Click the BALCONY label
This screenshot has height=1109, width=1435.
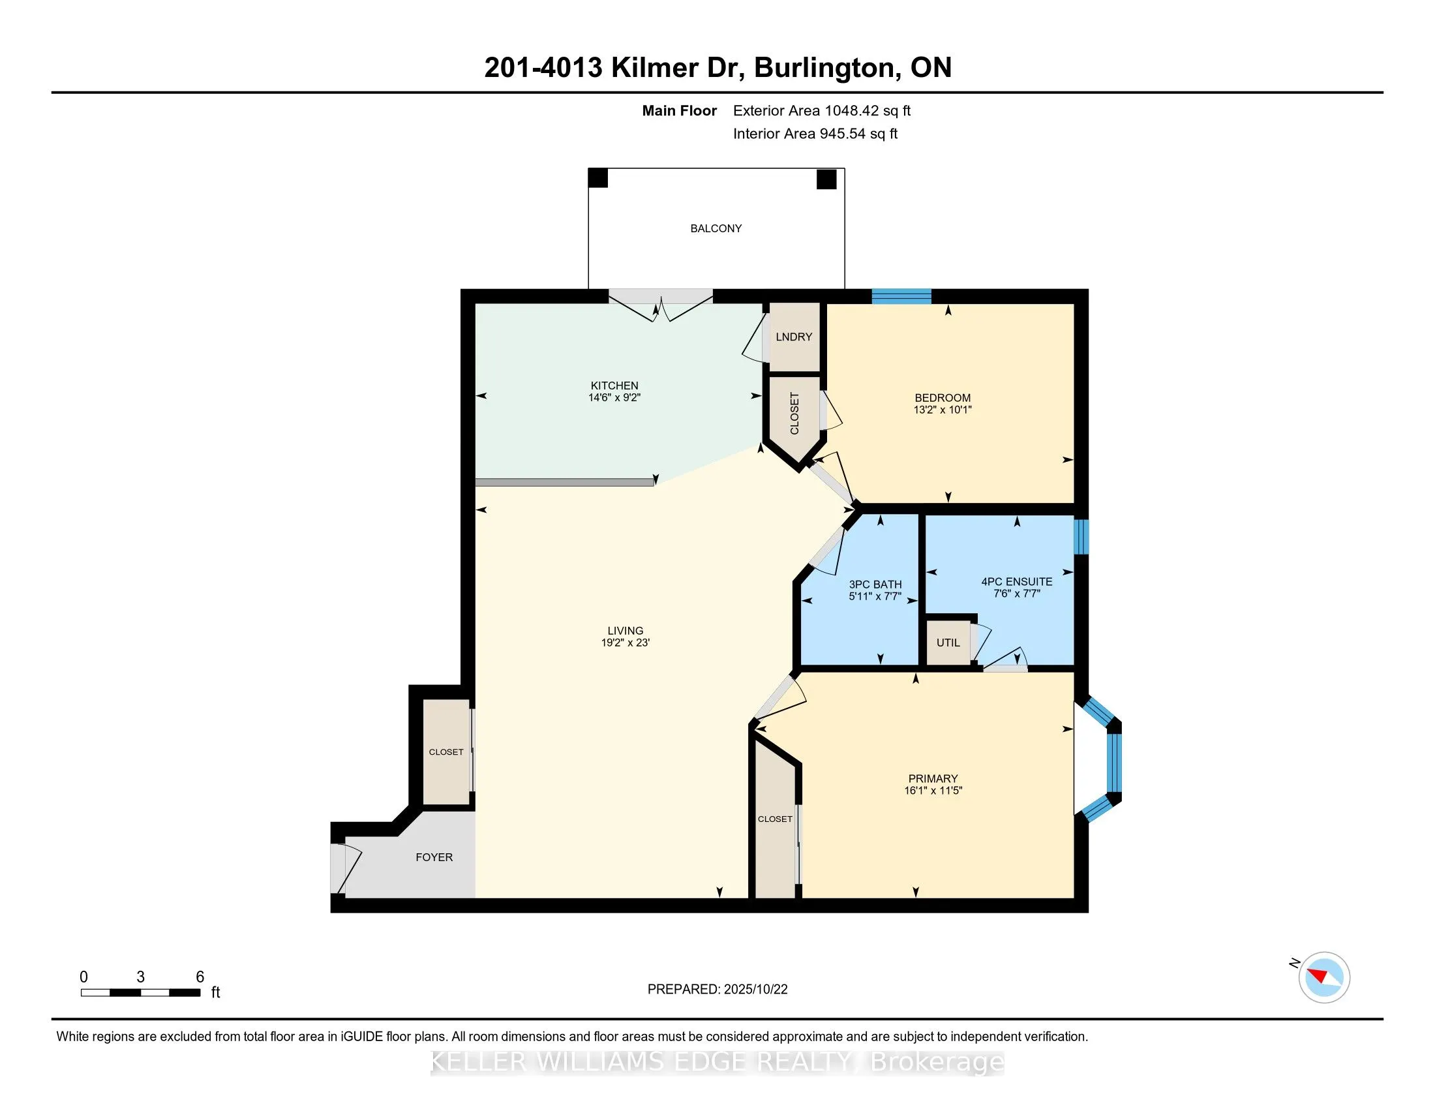(716, 228)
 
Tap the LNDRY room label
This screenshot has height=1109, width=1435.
(794, 337)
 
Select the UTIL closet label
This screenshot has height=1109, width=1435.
(948, 643)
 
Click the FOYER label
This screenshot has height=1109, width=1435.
(434, 857)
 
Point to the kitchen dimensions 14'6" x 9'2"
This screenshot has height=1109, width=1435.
(614, 397)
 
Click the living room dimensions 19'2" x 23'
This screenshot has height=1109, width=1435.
(625, 643)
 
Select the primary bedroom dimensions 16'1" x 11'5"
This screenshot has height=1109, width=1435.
(932, 791)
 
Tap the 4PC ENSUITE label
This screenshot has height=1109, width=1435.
(1016, 581)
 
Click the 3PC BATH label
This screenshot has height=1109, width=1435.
(875, 584)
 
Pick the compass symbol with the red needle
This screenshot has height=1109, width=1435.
(1324, 977)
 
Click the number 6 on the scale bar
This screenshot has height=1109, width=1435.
(200, 977)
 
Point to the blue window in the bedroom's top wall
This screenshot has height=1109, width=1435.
(901, 296)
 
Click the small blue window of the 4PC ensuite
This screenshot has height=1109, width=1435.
(1081, 537)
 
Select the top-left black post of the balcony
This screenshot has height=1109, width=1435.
(597, 178)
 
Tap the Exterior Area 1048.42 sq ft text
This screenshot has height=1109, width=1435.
(821, 111)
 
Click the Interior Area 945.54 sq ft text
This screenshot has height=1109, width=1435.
(815, 134)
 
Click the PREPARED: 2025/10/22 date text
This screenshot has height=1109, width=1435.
(717, 989)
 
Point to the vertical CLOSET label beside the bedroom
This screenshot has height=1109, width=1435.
(794, 413)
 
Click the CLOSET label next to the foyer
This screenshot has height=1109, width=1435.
(446, 752)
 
